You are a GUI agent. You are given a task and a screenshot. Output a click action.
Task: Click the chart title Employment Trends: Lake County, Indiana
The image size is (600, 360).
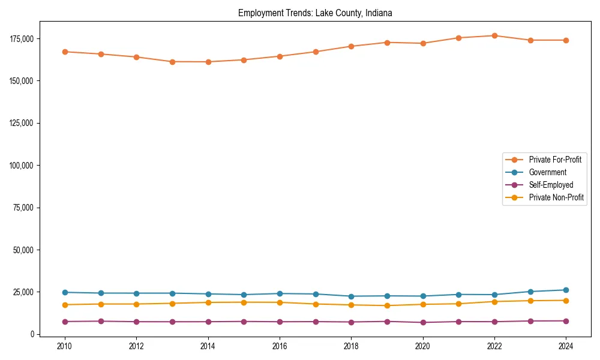[315, 13]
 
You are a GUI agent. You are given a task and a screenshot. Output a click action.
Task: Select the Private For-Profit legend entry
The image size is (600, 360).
[554, 160]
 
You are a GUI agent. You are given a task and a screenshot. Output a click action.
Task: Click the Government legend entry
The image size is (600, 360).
[547, 172]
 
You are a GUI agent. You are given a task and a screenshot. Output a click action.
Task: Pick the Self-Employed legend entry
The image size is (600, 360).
[551, 185]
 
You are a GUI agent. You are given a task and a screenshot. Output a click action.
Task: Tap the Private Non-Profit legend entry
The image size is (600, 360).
[556, 197]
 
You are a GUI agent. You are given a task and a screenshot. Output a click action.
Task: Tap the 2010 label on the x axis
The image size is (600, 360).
[65, 346]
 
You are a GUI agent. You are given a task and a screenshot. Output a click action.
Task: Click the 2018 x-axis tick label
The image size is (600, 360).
[351, 346]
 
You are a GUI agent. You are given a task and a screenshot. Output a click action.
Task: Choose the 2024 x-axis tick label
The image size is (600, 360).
[566, 346]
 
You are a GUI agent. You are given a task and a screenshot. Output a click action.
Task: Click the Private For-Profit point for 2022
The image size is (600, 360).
[494, 35]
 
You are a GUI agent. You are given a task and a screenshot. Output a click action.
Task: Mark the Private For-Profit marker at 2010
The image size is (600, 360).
[65, 52]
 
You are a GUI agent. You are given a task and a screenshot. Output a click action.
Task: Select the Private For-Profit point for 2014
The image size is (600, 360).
[208, 62]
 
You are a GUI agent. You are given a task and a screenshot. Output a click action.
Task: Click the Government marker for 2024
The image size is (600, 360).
[566, 290]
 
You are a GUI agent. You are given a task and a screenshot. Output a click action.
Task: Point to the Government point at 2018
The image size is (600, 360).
[351, 296]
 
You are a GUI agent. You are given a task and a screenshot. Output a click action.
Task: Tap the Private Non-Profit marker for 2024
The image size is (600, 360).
[566, 301]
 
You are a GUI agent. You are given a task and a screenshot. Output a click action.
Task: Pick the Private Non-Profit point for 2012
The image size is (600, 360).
[136, 304]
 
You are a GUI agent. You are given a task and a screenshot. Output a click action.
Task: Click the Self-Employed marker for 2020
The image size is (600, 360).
[423, 322]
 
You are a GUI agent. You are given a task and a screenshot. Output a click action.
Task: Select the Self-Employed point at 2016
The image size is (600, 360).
[280, 322]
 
